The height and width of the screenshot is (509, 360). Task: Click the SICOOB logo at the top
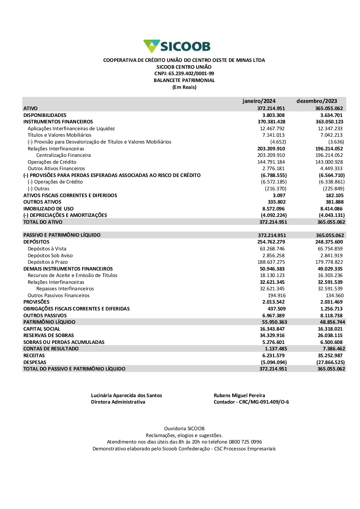tap(177, 46)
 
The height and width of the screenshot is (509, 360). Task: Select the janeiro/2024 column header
tap(259, 101)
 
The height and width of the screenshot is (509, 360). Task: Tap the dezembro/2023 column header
tap(317, 101)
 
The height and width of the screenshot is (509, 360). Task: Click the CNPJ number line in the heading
tap(184, 73)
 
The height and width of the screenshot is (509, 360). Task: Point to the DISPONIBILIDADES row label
tap(45, 115)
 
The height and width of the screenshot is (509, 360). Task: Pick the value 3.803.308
tap(274, 115)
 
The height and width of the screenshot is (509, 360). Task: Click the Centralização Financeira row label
tap(63, 155)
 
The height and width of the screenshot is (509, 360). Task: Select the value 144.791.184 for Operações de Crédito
tap(271, 162)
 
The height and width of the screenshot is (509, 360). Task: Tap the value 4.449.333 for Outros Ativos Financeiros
tap(332, 168)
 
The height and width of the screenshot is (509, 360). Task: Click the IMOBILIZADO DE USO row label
tap(48, 209)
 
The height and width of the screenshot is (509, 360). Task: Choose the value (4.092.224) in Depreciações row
tap(274, 215)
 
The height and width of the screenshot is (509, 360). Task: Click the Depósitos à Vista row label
tap(47, 249)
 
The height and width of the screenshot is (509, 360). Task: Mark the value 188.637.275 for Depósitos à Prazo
tap(271, 262)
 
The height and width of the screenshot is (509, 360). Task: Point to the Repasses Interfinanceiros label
tap(65, 288)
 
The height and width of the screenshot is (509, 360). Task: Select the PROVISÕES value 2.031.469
tap(332, 302)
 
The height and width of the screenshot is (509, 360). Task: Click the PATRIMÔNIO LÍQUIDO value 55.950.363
tap(275, 322)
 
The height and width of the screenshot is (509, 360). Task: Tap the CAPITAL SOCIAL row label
tap(42, 329)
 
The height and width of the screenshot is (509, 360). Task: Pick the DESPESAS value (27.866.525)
tap(330, 362)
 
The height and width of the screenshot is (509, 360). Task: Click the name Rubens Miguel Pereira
tap(239, 395)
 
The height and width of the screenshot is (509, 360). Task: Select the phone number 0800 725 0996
tap(245, 442)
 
